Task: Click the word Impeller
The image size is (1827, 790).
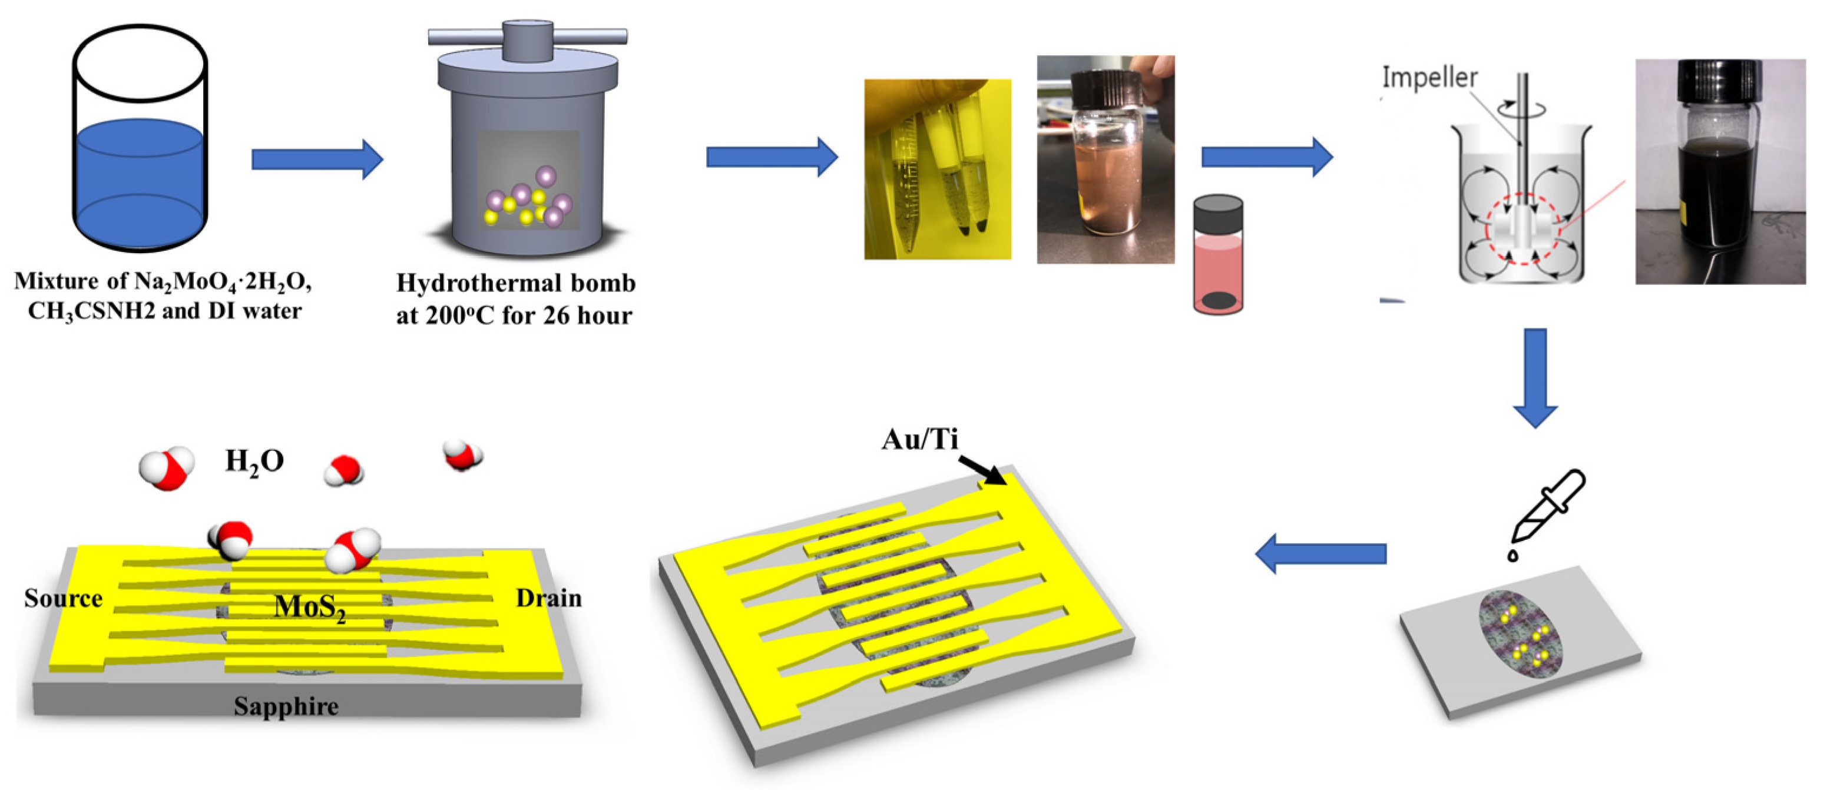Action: point(1429,77)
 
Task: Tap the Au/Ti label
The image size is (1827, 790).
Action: point(919,440)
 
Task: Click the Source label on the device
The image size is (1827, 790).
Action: point(63,599)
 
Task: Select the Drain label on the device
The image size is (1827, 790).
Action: point(548,599)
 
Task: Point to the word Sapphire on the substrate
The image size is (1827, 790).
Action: point(286,706)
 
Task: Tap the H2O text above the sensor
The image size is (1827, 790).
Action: point(254,462)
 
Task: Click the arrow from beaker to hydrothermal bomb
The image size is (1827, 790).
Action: point(317,159)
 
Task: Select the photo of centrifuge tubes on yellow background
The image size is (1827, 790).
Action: point(937,169)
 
